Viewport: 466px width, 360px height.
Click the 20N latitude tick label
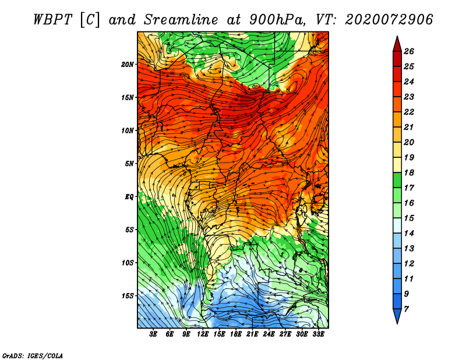pos(127,65)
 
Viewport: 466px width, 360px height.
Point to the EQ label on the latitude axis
pos(129,197)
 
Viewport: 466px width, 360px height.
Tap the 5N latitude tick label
pos(129,164)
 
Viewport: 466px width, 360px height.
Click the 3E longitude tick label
pos(153,334)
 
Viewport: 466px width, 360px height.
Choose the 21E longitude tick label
pos(252,334)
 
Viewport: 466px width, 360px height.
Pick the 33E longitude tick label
pos(318,334)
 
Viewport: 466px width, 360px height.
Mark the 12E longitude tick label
pos(202,334)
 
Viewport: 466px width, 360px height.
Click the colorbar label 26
pos(409,51)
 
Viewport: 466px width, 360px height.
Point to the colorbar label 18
pos(409,172)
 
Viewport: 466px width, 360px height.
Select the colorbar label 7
pos(406,309)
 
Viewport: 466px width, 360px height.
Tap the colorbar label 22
pos(409,112)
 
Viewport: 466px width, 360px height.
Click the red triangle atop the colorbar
pos(397,45)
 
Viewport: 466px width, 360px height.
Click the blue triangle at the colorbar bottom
pos(397,315)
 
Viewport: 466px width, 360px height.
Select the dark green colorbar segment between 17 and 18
pos(397,180)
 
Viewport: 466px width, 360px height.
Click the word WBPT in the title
pos(52,20)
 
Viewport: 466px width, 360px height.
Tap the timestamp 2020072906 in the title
pos(389,20)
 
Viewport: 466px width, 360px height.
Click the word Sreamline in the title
pos(181,20)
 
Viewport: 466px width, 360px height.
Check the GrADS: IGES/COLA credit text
pos(33,355)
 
